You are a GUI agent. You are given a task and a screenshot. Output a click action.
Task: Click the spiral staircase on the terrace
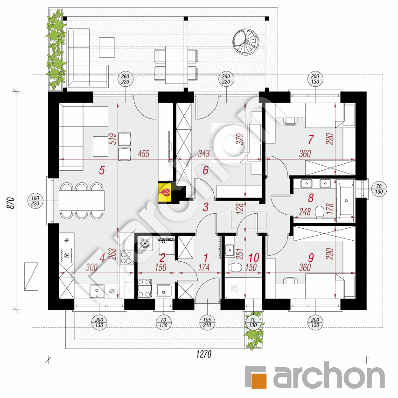pyautogui.click(x=246, y=42)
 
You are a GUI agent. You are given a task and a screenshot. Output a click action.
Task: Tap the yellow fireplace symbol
pyautogui.click(x=165, y=193)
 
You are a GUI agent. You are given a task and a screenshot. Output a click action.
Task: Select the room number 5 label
pyautogui.click(x=102, y=170)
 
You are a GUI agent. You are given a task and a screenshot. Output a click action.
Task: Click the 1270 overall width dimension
pyautogui.click(x=203, y=354)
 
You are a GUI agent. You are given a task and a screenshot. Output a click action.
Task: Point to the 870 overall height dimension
pyautogui.click(x=11, y=203)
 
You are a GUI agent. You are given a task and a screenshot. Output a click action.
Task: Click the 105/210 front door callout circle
pyautogui.click(x=207, y=322)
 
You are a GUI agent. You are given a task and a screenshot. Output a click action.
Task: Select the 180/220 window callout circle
pyautogui.click(x=35, y=201)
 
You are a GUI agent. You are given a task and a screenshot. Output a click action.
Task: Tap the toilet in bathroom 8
pyautogui.click(x=320, y=212)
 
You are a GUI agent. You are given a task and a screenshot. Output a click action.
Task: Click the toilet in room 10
pyautogui.click(x=235, y=267)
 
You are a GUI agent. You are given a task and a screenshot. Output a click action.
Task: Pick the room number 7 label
pyautogui.click(x=311, y=140)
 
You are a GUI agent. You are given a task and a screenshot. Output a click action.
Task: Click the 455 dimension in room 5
pyautogui.click(x=143, y=154)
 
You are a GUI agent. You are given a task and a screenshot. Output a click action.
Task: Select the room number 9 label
pyautogui.click(x=311, y=258)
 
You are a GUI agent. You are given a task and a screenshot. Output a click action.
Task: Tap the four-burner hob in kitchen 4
pyautogui.click(x=126, y=258)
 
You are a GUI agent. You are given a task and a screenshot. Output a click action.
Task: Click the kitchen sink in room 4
pyautogui.click(x=97, y=291)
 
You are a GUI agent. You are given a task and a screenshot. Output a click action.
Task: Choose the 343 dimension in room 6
pyautogui.click(x=204, y=154)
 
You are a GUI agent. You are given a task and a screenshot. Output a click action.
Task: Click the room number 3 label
pyautogui.click(x=206, y=207)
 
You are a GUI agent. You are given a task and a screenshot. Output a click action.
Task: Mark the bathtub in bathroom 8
pyautogui.click(x=346, y=201)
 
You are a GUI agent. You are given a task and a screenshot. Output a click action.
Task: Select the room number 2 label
pyautogui.click(x=162, y=258)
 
